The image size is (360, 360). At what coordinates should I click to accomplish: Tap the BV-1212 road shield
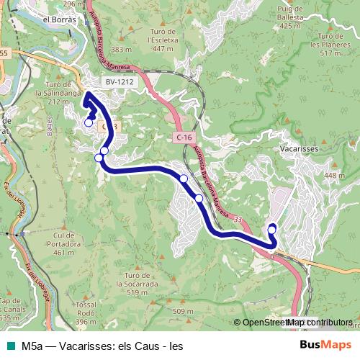click(120, 83)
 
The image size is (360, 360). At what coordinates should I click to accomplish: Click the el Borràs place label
click(60, 20)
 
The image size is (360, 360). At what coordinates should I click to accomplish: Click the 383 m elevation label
click(122, 49)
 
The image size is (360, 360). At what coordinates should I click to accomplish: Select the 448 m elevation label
click(335, 176)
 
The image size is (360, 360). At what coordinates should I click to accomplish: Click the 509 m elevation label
click(184, 311)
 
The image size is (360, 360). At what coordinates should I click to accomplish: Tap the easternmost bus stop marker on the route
click(272, 229)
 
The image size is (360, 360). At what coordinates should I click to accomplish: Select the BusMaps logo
click(325, 346)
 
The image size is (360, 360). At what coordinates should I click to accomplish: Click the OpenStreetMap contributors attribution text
click(297, 323)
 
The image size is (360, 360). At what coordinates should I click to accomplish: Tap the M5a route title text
click(101, 346)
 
